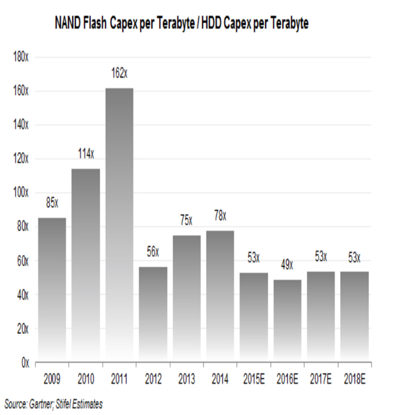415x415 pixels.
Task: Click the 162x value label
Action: click(119, 75)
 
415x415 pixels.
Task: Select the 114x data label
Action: click(86, 153)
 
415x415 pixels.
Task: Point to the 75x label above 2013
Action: click(186, 221)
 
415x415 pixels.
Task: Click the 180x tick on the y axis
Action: click(21, 57)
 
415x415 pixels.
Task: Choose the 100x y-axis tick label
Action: click(21, 193)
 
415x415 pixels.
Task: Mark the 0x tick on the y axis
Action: click(25, 363)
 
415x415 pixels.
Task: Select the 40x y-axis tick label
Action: click(23, 295)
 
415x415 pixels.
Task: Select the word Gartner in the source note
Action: click(47, 404)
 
